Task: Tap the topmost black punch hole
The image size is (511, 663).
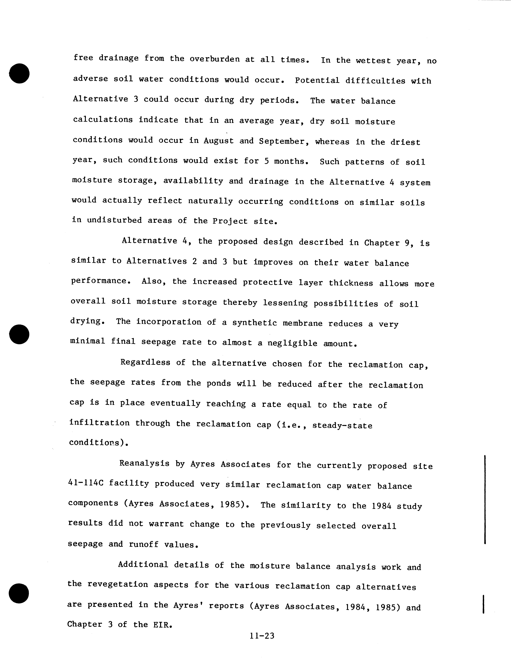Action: coord(19,73)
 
